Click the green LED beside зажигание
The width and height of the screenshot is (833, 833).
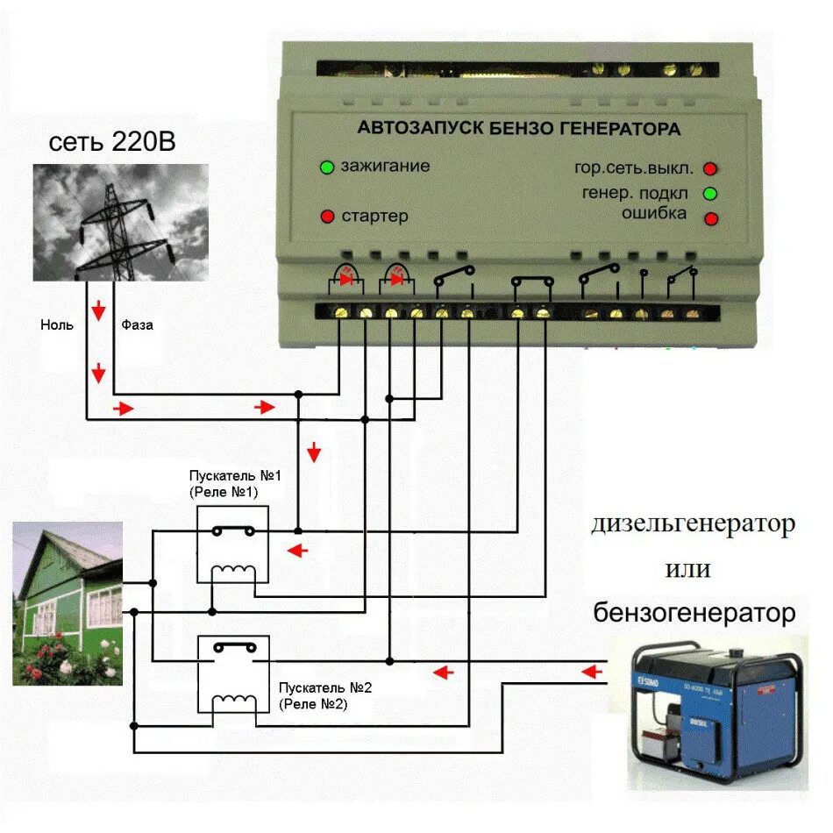pyautogui.click(x=327, y=167)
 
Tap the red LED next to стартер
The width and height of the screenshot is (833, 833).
pyautogui.click(x=327, y=216)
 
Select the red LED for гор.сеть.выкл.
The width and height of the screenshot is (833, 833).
pyautogui.click(x=711, y=168)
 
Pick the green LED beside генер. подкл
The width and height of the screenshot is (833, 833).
pyautogui.click(x=711, y=193)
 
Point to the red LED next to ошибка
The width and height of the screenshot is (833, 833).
pyautogui.click(x=711, y=217)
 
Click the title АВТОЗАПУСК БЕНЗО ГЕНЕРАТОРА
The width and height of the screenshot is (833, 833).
pyautogui.click(x=518, y=128)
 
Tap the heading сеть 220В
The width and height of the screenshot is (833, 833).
pyautogui.click(x=112, y=142)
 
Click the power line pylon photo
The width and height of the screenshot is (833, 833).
pyautogui.click(x=121, y=223)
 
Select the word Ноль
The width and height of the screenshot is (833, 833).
pyautogui.click(x=57, y=324)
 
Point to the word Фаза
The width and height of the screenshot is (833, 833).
pyautogui.click(x=137, y=324)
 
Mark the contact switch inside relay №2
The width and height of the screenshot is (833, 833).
pyautogui.click(x=233, y=649)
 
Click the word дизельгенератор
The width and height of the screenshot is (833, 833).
pyautogui.click(x=693, y=525)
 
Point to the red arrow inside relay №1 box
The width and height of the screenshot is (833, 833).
pyautogui.click(x=299, y=551)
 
